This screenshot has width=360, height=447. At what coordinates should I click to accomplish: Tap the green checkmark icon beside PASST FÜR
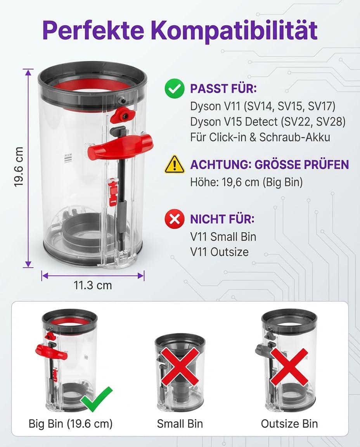(175, 88)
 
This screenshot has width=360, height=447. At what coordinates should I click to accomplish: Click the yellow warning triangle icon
(175, 165)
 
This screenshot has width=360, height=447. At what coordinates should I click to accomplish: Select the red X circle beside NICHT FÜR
(175, 219)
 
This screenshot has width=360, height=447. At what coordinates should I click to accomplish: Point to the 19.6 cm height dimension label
(19, 167)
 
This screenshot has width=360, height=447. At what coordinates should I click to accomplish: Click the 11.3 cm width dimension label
(93, 285)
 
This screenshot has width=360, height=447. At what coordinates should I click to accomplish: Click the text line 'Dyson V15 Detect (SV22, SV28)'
(268, 122)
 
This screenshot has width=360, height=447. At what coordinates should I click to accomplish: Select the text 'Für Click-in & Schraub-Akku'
(260, 137)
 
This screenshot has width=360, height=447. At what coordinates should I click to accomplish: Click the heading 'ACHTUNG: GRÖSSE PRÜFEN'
(270, 165)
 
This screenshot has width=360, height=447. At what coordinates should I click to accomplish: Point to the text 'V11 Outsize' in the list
(219, 252)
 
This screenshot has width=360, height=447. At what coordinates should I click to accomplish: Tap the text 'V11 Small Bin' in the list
(223, 237)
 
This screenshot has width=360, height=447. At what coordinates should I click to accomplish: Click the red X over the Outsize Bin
(289, 367)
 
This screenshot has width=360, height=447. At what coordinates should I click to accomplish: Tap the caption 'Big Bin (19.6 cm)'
(71, 424)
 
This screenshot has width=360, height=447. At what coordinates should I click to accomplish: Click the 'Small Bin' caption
(180, 424)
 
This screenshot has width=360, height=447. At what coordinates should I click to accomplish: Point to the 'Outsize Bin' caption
(289, 424)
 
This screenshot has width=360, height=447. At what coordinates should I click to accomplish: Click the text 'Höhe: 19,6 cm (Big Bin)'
(247, 182)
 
